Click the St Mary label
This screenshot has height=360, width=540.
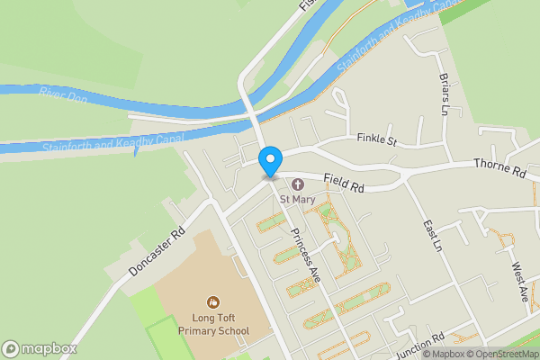click(296, 199)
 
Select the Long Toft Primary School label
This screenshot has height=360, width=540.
click(213, 323)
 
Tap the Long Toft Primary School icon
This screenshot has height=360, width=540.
click(213, 301)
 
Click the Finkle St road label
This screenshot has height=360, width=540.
click(376, 140)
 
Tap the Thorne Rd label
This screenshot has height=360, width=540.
click(499, 168)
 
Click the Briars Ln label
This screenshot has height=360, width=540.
click(443, 95)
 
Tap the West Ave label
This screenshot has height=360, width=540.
click(520, 283)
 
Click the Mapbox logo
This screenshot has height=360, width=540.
click(40, 348)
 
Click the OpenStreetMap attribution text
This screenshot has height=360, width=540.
click(499, 354)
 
